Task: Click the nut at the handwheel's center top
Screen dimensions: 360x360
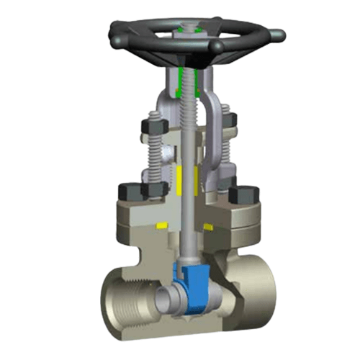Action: [x=189, y=30]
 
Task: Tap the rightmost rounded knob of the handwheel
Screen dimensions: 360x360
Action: [x=274, y=33]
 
